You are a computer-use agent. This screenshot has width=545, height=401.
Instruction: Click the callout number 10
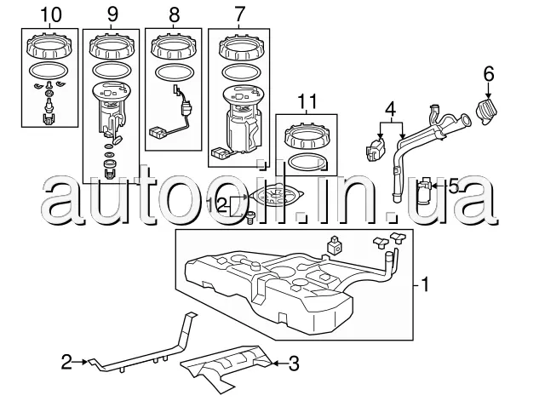51,14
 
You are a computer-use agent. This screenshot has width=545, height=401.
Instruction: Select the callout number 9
112,14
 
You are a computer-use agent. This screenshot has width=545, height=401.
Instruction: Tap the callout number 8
174,15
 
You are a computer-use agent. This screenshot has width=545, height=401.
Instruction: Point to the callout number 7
239,14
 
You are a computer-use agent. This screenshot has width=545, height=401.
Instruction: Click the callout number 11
308,101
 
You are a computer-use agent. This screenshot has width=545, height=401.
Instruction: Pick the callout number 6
489,74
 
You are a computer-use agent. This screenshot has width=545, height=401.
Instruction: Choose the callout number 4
391,109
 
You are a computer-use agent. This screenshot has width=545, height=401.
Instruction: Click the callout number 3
294,364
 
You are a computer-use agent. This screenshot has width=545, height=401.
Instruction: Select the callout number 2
66,362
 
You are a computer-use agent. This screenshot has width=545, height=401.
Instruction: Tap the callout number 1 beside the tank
426,284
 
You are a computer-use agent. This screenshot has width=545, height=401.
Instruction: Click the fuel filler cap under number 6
486,112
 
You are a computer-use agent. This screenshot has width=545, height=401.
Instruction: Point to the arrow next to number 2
80,362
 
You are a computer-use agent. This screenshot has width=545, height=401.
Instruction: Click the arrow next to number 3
280,364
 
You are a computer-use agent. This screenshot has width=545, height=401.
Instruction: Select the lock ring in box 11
307,136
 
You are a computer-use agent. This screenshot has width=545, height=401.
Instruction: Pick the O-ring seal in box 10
49,71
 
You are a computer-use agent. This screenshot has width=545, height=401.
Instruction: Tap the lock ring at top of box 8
174,46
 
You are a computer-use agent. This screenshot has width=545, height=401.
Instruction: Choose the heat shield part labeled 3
227,368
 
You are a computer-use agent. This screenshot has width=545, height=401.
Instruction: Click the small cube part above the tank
334,245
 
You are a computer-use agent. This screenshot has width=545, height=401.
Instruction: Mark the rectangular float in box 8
158,133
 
